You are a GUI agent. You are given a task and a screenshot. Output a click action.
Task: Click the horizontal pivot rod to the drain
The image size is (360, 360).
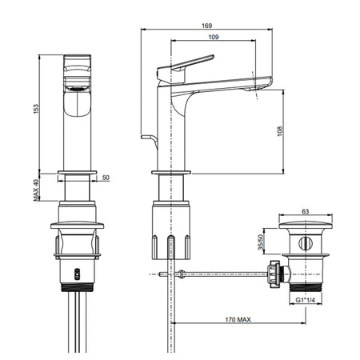point(224,274)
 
